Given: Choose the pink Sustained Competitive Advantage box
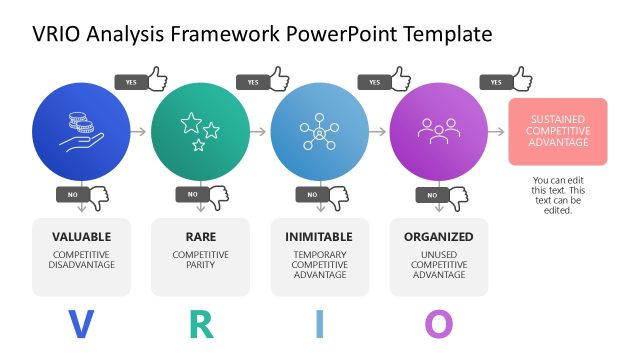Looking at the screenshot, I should (557, 131).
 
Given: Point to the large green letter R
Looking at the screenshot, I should (201, 324).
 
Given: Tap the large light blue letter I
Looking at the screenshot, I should (320, 324).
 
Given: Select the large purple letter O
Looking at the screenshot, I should (439, 324).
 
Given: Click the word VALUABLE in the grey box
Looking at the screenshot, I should (82, 238).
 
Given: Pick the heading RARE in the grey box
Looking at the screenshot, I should (200, 238).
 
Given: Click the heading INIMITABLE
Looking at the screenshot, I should (320, 238).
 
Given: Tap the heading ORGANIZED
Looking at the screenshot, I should (439, 238).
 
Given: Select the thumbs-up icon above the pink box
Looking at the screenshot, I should (521, 78).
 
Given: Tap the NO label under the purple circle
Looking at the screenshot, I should (433, 195).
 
